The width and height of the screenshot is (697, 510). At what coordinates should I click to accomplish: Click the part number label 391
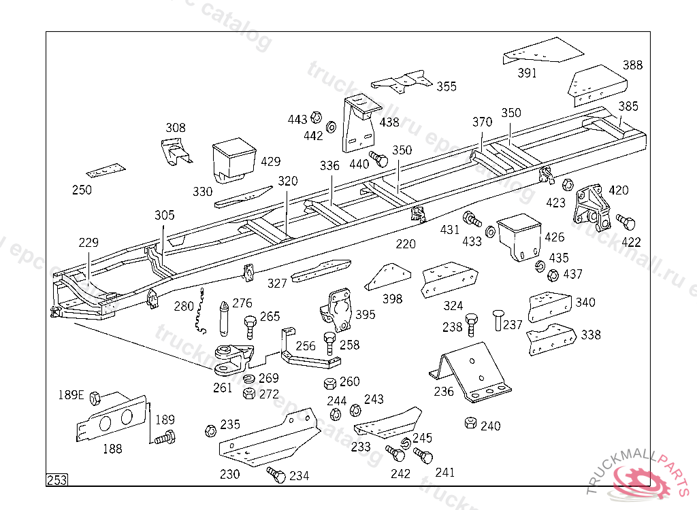coord(527,73)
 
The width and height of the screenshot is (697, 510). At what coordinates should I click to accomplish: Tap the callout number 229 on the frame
coord(88,243)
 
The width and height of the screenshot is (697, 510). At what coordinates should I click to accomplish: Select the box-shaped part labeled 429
coord(234,160)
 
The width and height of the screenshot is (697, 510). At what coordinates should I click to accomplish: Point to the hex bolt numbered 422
coord(626,222)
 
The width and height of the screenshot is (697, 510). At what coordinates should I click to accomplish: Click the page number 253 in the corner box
coord(57,480)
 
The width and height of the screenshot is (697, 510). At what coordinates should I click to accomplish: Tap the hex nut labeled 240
coord(470,423)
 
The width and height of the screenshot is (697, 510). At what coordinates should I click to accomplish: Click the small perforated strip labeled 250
coord(106,170)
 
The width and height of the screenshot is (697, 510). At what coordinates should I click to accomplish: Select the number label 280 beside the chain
coord(184,307)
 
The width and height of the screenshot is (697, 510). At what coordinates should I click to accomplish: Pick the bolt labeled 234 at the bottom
coord(276,475)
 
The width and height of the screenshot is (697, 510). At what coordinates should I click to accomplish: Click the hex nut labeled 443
coord(317,117)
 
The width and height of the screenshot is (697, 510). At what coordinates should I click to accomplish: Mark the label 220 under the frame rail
coord(406,243)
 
